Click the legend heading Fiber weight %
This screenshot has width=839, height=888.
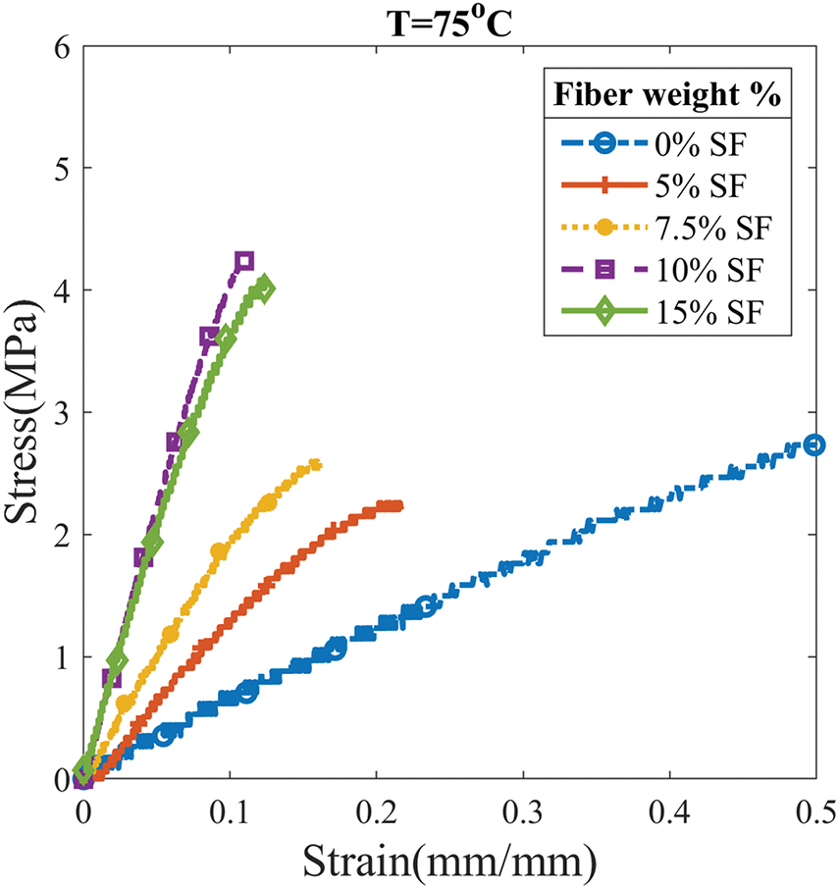[x=667, y=95]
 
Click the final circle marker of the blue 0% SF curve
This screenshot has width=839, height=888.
[x=813, y=444]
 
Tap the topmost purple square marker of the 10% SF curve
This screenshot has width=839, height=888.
[x=244, y=260]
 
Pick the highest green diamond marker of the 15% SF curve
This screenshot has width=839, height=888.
[x=263, y=287]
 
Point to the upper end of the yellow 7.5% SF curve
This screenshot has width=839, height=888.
[x=316, y=463]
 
